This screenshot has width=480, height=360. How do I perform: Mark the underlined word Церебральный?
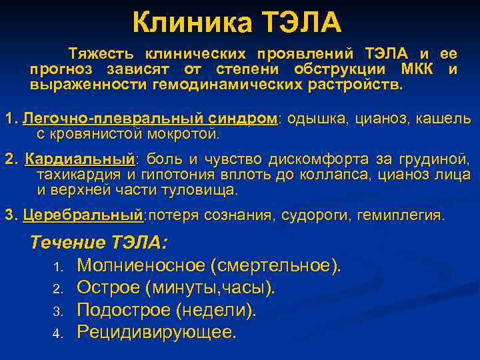click(x=83, y=215)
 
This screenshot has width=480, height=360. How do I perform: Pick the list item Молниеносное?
click(x=141, y=265)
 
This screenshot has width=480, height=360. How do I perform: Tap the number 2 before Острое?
click(x=57, y=289)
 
